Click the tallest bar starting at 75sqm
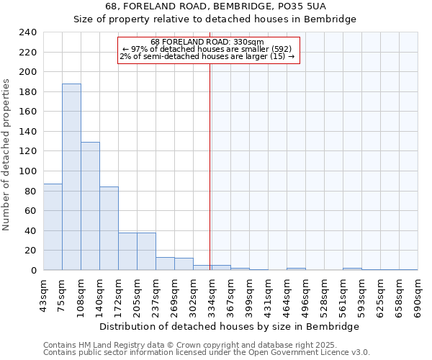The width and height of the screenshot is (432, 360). tap(71, 176)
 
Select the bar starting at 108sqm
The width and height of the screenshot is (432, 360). tap(90, 206)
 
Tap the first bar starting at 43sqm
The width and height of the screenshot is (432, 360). tap(53, 227)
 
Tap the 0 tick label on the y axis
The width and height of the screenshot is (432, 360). tap(33, 271)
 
